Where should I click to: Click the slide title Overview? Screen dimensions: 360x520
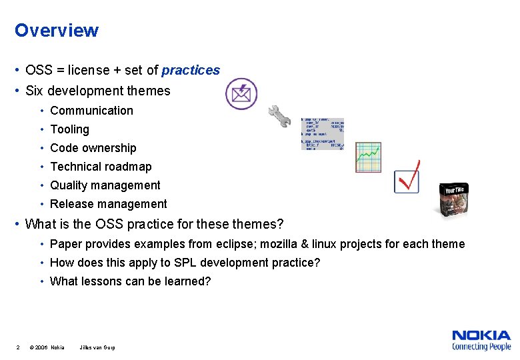point(57,31)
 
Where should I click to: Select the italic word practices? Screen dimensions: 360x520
point(191,70)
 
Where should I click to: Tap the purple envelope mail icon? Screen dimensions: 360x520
point(241,94)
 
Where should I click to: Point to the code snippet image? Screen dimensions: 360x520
point(322,134)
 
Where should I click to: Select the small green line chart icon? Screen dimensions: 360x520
point(367,157)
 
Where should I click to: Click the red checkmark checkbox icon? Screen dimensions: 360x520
point(407,178)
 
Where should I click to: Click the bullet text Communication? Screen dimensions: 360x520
point(91,111)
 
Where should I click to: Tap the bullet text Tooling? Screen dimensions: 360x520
point(69,129)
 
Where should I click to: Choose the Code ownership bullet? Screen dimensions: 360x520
point(93,148)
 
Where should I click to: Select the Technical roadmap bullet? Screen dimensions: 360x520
point(101,167)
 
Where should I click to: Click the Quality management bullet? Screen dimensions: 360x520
point(105,185)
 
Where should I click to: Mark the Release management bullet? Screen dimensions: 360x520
point(108,204)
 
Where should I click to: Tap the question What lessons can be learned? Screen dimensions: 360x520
point(130,281)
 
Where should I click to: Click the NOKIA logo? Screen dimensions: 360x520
point(481,336)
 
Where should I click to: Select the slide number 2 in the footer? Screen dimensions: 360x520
point(17,347)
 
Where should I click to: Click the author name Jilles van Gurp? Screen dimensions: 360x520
point(97,347)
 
